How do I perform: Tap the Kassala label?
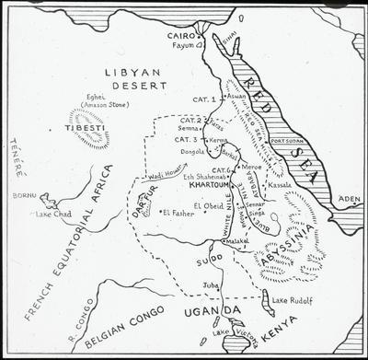[279, 185]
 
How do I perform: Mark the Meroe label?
[251, 168]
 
